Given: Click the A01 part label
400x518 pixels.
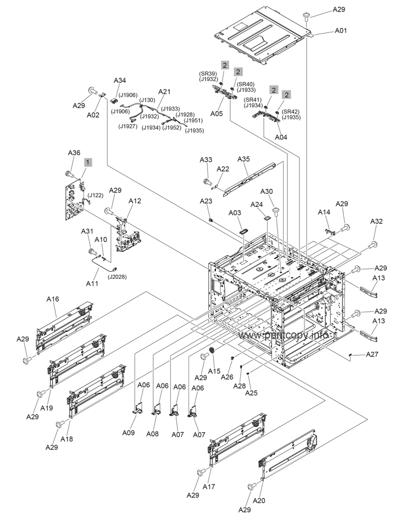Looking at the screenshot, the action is [x=341, y=30].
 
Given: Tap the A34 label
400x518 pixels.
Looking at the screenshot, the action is [x=120, y=80].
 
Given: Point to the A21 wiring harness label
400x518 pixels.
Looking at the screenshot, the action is [x=164, y=91].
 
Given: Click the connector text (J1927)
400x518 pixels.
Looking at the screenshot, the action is [x=128, y=126].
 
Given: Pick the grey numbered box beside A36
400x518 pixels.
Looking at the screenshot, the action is [x=88, y=163].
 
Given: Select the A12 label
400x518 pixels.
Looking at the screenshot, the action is [x=135, y=201].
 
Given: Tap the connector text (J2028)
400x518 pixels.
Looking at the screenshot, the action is [x=117, y=277].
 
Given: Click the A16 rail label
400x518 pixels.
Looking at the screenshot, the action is [x=53, y=299].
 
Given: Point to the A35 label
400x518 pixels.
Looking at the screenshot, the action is [x=243, y=159].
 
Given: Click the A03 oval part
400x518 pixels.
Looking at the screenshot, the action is [x=245, y=230].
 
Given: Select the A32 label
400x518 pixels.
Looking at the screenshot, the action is [x=376, y=221].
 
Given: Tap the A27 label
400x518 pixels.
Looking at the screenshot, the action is [x=373, y=355].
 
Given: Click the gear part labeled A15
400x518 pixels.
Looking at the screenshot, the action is [x=213, y=351].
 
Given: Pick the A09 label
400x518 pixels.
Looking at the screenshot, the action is [x=129, y=432].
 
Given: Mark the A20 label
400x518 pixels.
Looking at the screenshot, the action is [x=259, y=500].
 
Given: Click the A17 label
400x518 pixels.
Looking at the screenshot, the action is [x=209, y=486].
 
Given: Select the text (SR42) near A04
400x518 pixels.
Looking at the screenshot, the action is [x=291, y=112].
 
